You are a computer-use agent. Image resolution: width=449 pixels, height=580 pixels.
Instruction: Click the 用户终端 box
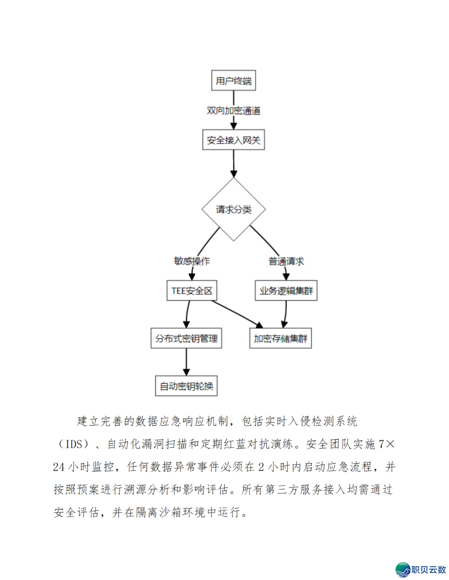coord(233,81)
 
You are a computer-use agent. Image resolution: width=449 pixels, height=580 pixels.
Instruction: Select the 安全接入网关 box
coord(233,140)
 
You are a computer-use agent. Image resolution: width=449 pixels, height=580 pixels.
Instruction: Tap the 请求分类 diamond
coord(233,209)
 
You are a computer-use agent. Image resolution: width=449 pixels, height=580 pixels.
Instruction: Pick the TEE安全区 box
coord(192,291)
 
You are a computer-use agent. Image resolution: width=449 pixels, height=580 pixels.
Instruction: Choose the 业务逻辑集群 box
coord(286,291)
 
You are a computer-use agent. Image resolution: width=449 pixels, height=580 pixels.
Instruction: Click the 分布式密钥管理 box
coord(186,338)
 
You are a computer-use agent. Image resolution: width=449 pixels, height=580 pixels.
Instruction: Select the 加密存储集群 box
coord(281,338)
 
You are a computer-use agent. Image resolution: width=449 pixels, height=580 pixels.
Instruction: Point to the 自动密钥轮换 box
coord(186,386)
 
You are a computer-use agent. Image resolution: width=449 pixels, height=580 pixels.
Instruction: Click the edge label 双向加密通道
coord(234,111)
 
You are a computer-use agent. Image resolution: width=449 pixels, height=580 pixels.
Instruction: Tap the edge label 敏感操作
coord(192,261)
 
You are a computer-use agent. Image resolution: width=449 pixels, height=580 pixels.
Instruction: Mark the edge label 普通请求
coord(286,261)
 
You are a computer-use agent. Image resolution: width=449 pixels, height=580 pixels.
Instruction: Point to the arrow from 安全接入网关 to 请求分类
coord(234,164)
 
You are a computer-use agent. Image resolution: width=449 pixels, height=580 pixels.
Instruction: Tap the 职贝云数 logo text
coord(429,570)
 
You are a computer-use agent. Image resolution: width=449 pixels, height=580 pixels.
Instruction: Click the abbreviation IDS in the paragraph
coord(74,444)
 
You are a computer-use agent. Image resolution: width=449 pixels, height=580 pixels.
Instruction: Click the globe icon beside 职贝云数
coord(402,570)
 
